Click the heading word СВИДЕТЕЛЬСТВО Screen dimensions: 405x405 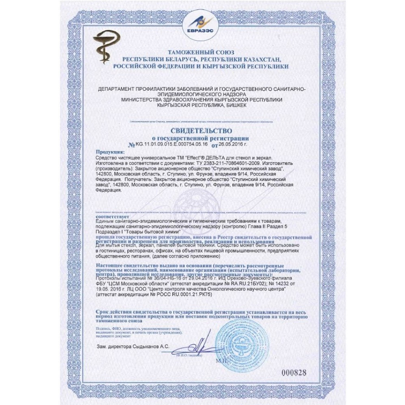click(x=201, y=131)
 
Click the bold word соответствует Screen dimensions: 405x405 click(x=111, y=216)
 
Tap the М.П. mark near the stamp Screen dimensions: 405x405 click(x=222, y=359)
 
